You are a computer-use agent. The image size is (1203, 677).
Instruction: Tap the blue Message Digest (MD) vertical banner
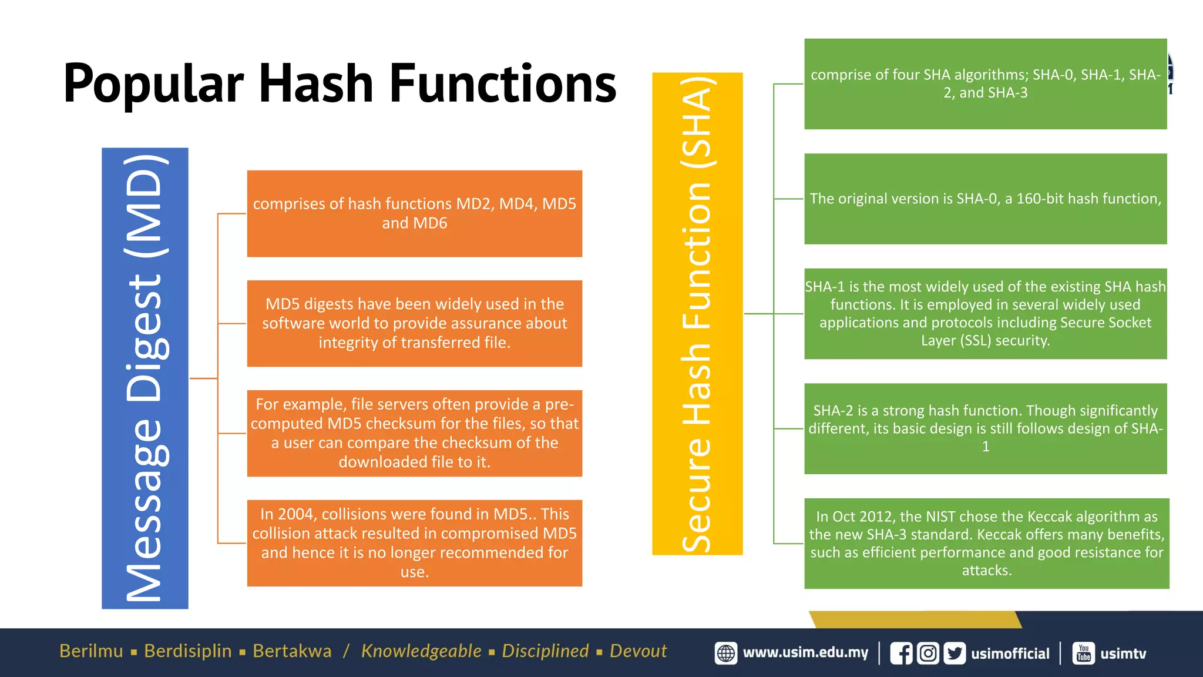pyautogui.click(x=145, y=378)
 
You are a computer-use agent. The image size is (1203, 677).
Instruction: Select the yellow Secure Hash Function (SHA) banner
pyautogui.click(x=697, y=313)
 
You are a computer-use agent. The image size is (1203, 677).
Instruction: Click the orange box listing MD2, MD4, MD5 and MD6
pyautogui.click(x=414, y=213)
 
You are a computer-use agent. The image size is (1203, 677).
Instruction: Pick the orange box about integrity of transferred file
pyautogui.click(x=414, y=323)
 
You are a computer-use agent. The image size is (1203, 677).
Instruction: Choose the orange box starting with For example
pyautogui.click(x=414, y=433)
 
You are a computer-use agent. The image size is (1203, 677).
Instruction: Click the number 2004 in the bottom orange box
pyautogui.click(x=296, y=514)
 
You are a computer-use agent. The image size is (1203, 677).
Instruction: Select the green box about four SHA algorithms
pyautogui.click(x=985, y=84)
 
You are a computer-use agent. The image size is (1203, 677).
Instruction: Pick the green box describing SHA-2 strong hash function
pyautogui.click(x=985, y=428)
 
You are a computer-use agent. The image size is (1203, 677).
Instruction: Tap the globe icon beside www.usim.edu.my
pyautogui.click(x=726, y=653)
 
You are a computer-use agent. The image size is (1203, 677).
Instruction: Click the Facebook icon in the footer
pyautogui.click(x=901, y=653)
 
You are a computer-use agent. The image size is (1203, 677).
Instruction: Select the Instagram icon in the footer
pyautogui.click(x=928, y=653)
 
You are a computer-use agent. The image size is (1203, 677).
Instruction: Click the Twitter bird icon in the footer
pyautogui.click(x=955, y=653)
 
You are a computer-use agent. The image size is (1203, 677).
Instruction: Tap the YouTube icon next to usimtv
pyautogui.click(x=1084, y=653)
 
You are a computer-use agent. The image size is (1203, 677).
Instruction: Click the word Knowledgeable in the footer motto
pyautogui.click(x=421, y=651)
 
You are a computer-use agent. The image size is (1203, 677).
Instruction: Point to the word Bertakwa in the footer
pyautogui.click(x=292, y=651)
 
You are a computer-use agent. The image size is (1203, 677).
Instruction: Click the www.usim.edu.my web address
pyautogui.click(x=805, y=653)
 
